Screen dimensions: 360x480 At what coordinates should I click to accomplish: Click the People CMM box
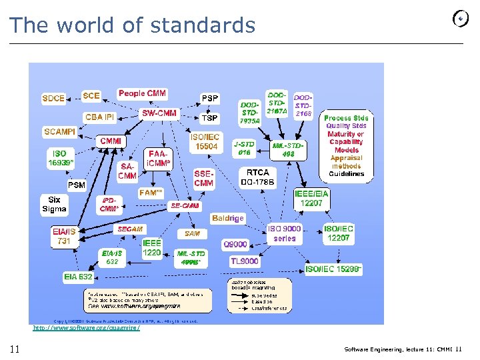pos(142,93)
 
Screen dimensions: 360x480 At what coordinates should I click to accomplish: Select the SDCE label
pos(53,98)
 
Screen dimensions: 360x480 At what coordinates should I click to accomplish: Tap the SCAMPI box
pos(60,132)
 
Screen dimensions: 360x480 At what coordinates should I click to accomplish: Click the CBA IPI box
pos(100,117)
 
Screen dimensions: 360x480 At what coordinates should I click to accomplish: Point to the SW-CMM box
pos(159,113)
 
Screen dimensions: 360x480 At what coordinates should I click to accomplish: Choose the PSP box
pos(209,99)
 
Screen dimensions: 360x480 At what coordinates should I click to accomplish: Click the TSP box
pos(209,117)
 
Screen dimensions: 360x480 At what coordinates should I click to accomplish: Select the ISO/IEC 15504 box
pos(206,141)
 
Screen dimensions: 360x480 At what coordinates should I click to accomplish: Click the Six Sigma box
pos(54,204)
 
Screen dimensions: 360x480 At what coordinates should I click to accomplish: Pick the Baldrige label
pos(227,218)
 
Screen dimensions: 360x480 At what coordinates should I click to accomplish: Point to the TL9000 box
pos(244,261)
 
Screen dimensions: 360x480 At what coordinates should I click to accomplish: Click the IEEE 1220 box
pos(152,249)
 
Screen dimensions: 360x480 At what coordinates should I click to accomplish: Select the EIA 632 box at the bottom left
pos(78,276)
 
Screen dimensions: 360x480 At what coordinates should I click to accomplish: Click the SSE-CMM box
pos(204,179)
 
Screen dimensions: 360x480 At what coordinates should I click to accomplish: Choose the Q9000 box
pos(235,244)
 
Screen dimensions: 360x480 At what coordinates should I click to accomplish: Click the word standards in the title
pos(203,25)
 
